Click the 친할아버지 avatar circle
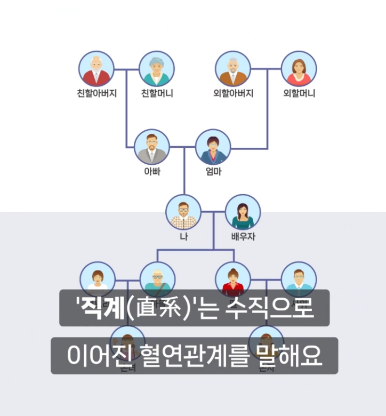point(96,68)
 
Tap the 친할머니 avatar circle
point(157,68)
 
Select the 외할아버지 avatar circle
point(233,68)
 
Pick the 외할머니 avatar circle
point(299,68)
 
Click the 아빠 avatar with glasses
point(151,147)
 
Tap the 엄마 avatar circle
point(213,147)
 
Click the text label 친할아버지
point(96,93)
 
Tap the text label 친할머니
point(157,93)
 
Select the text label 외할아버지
point(233,93)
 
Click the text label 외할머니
point(299,93)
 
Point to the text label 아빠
point(152,172)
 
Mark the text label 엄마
point(213,172)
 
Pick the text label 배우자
point(243,236)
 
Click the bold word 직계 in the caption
point(102,309)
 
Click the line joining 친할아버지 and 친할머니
point(127,69)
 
